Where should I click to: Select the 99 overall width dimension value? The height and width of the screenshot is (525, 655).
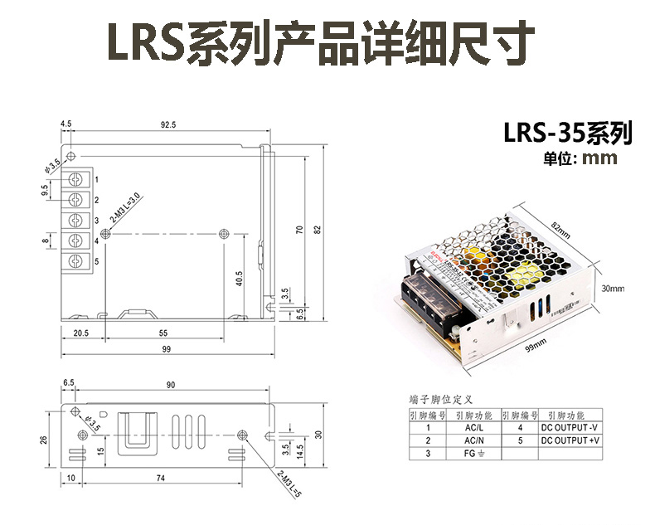pyautogui.click(x=167, y=350)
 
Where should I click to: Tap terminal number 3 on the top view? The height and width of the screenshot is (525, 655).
pyautogui.click(x=97, y=221)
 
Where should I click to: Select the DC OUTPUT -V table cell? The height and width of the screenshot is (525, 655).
pyautogui.click(x=569, y=428)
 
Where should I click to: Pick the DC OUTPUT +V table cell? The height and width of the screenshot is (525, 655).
pyautogui.click(x=569, y=440)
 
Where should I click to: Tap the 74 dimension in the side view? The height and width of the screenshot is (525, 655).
pyautogui.click(x=160, y=478)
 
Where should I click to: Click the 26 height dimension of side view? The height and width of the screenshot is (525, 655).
pyautogui.click(x=43, y=440)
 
